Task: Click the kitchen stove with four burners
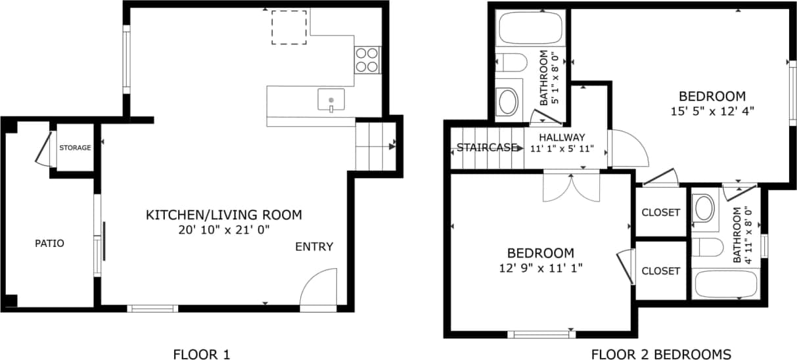pyautogui.click(x=368, y=60)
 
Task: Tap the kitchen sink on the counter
pyautogui.click(x=331, y=100)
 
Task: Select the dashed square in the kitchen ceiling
pyautogui.click(x=289, y=28)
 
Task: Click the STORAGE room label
pyautogui.click(x=75, y=148)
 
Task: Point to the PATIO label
pyautogui.click(x=49, y=244)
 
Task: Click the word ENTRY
pyautogui.click(x=314, y=247)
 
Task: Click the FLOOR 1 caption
pyautogui.click(x=201, y=354)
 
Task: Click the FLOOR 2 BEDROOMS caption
pyautogui.click(x=660, y=354)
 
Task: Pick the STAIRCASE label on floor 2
pyautogui.click(x=487, y=147)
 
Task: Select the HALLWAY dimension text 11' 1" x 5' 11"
pyautogui.click(x=562, y=148)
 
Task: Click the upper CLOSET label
pyautogui.click(x=660, y=213)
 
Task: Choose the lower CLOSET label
pyautogui.click(x=660, y=271)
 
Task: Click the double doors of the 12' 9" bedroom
pyautogui.click(x=572, y=187)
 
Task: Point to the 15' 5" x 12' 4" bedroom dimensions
pyautogui.click(x=712, y=111)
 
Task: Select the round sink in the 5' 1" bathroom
pyautogui.click(x=508, y=102)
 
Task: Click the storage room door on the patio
pyautogui.click(x=43, y=150)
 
